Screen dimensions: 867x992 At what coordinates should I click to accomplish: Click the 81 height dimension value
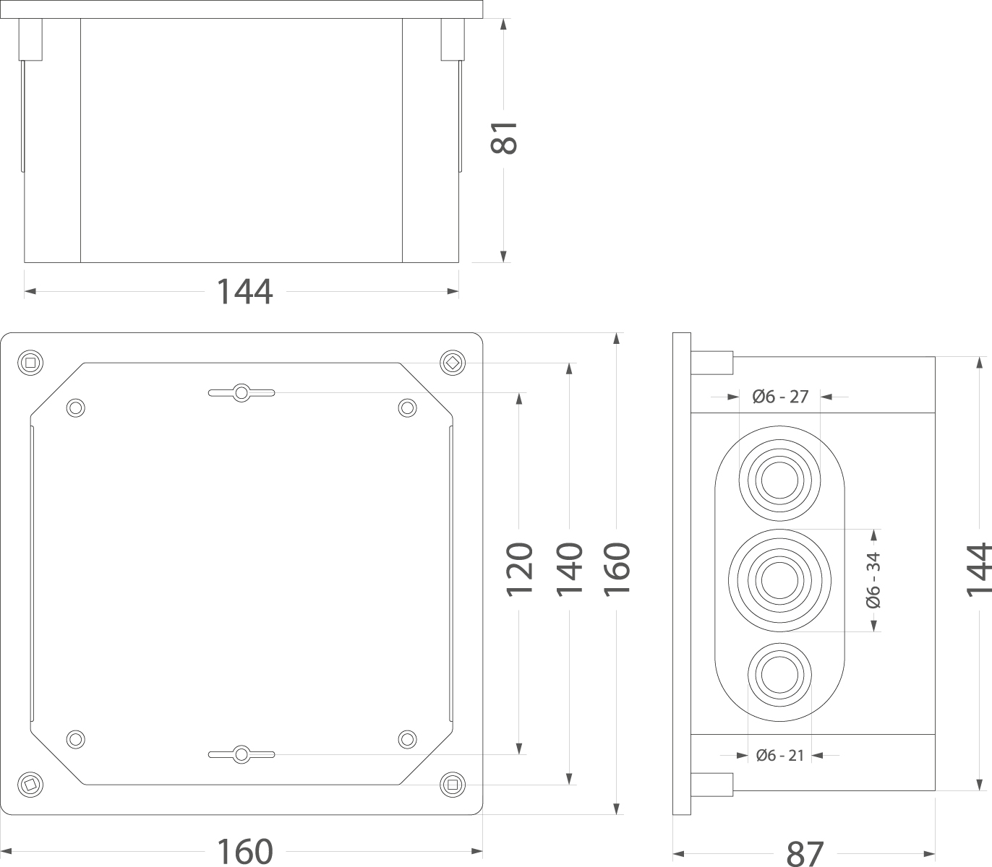[x=504, y=137]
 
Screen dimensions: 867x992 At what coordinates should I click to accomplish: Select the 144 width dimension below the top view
[x=244, y=292]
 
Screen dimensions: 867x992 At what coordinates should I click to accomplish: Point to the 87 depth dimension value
[x=805, y=853]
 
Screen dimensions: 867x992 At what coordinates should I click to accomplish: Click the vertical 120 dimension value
[x=519, y=569]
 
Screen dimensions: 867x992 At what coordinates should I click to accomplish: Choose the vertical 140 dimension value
[x=570, y=569]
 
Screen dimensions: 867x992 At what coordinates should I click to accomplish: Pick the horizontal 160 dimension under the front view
[x=244, y=852]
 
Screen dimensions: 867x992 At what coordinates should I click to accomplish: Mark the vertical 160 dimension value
[x=617, y=569]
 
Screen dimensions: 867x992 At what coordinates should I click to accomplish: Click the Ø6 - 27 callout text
[x=780, y=397]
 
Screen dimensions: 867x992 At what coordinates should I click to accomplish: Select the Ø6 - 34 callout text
[x=873, y=579]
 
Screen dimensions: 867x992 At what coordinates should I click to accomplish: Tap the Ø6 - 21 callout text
[x=780, y=756]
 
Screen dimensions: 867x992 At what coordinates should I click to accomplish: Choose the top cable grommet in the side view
[x=779, y=478]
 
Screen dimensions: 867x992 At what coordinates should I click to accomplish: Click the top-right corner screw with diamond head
[x=453, y=362]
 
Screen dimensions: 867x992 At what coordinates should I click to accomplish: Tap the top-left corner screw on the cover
[x=30, y=362]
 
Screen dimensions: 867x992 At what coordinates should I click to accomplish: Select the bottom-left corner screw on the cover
[x=30, y=783]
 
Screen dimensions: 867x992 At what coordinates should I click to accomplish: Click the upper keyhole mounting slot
[x=241, y=392]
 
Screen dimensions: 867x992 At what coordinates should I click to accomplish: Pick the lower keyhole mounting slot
[x=241, y=754]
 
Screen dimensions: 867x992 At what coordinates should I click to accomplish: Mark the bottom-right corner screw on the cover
[x=453, y=783]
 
